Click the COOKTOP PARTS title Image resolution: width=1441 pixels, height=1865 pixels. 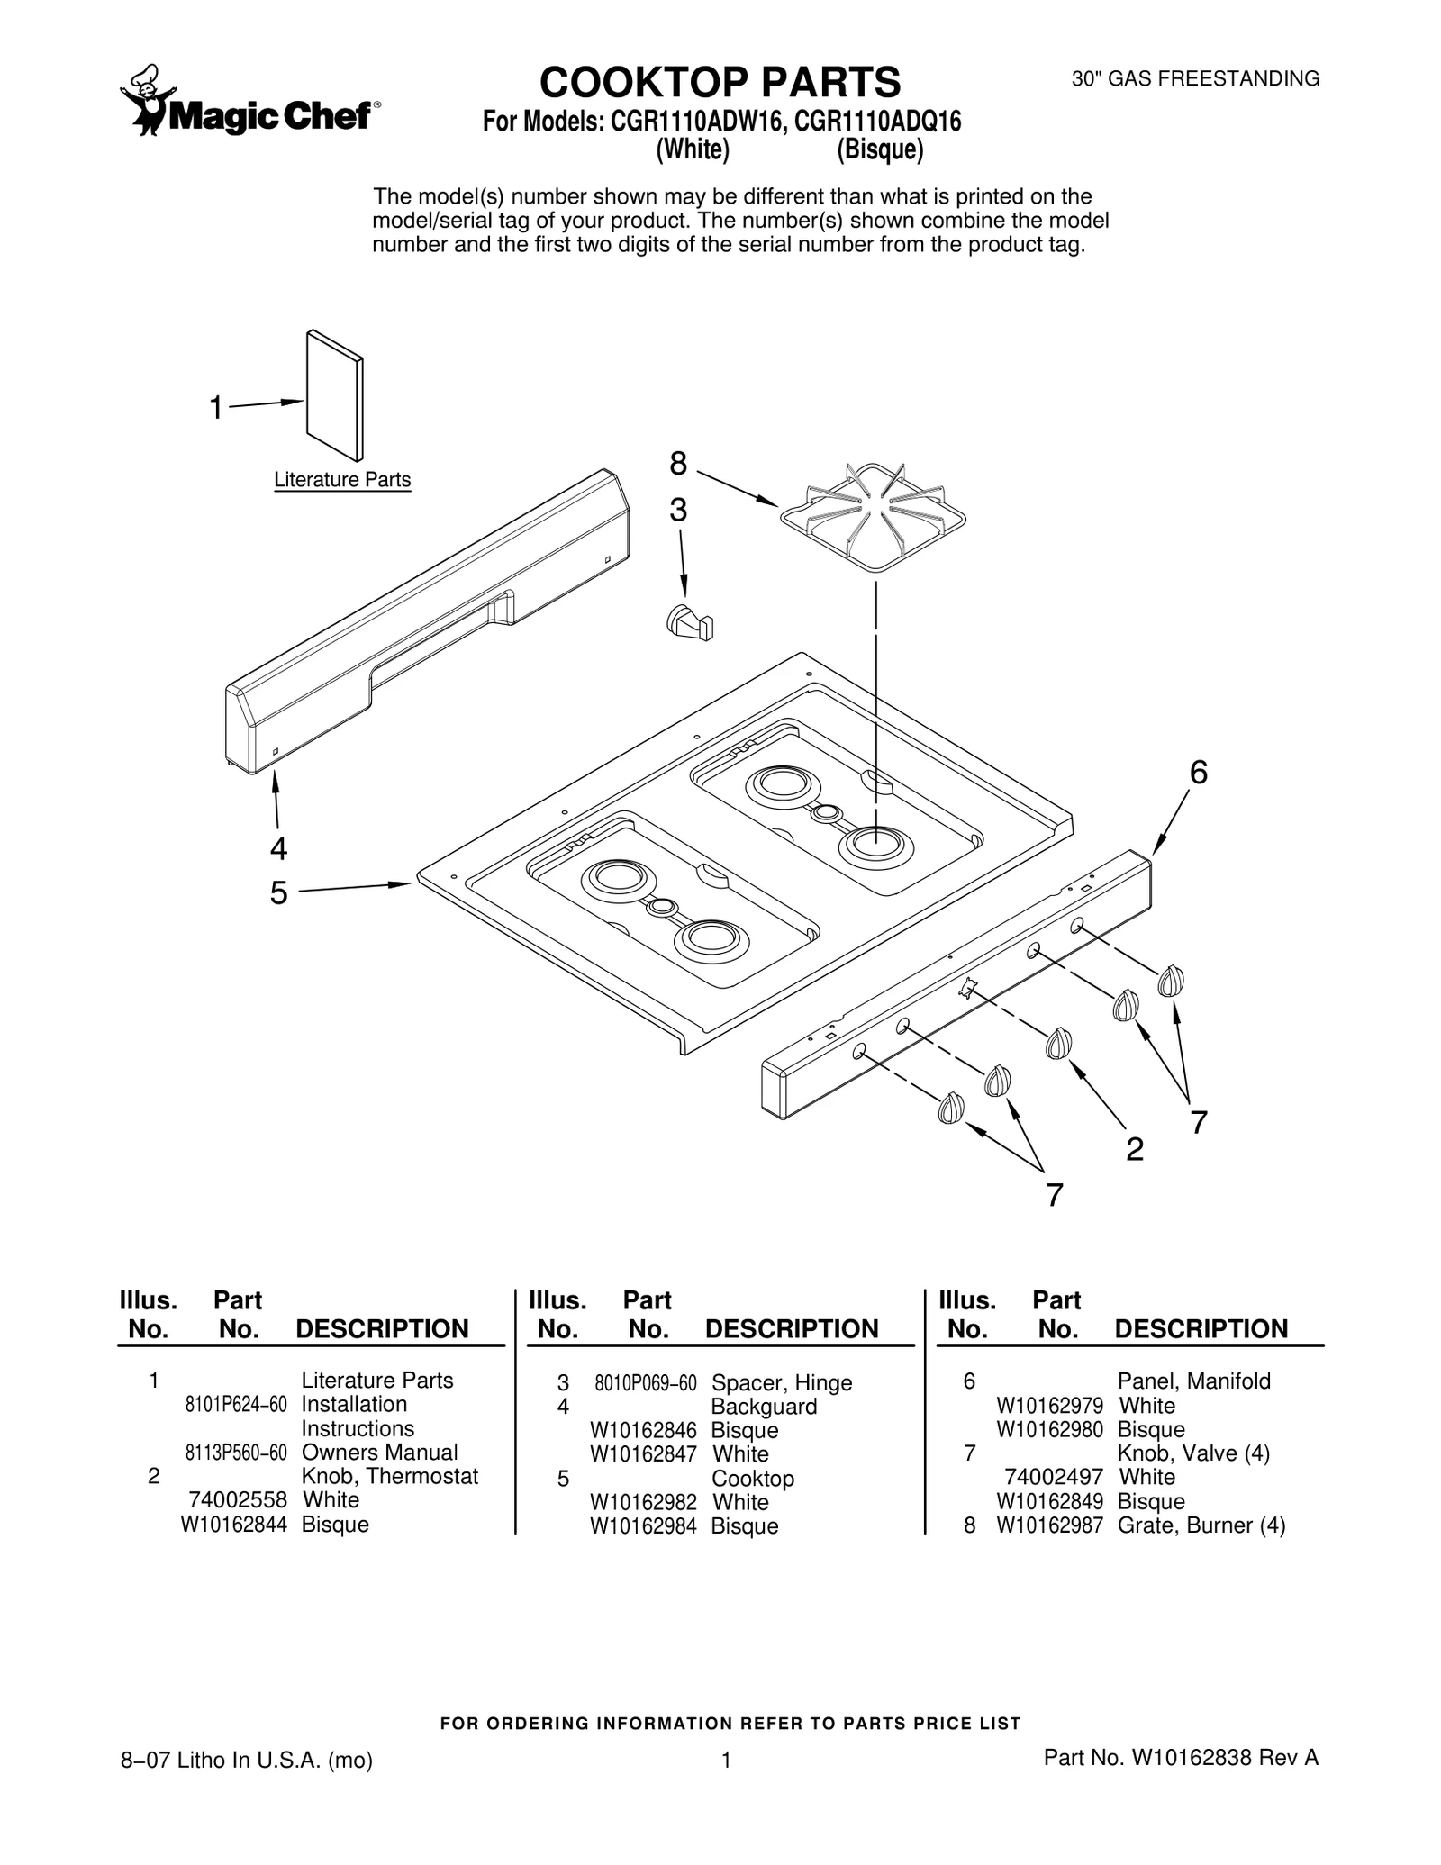click(720, 82)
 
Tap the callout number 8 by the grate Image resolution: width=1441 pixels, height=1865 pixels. click(677, 464)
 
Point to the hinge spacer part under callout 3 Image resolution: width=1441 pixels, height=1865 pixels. click(690, 622)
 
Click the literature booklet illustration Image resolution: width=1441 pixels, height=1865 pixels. click(335, 394)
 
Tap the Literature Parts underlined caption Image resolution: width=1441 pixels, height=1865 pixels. click(342, 480)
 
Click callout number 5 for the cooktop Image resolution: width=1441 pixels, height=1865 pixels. click(279, 892)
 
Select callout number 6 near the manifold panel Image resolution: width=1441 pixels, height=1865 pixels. click(1198, 773)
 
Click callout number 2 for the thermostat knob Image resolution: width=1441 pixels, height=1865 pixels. click(1135, 1149)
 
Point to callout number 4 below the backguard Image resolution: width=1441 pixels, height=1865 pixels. click(279, 848)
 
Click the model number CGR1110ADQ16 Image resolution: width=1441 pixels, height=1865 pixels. click(878, 121)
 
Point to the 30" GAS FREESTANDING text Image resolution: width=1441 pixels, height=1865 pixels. click(1195, 79)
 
